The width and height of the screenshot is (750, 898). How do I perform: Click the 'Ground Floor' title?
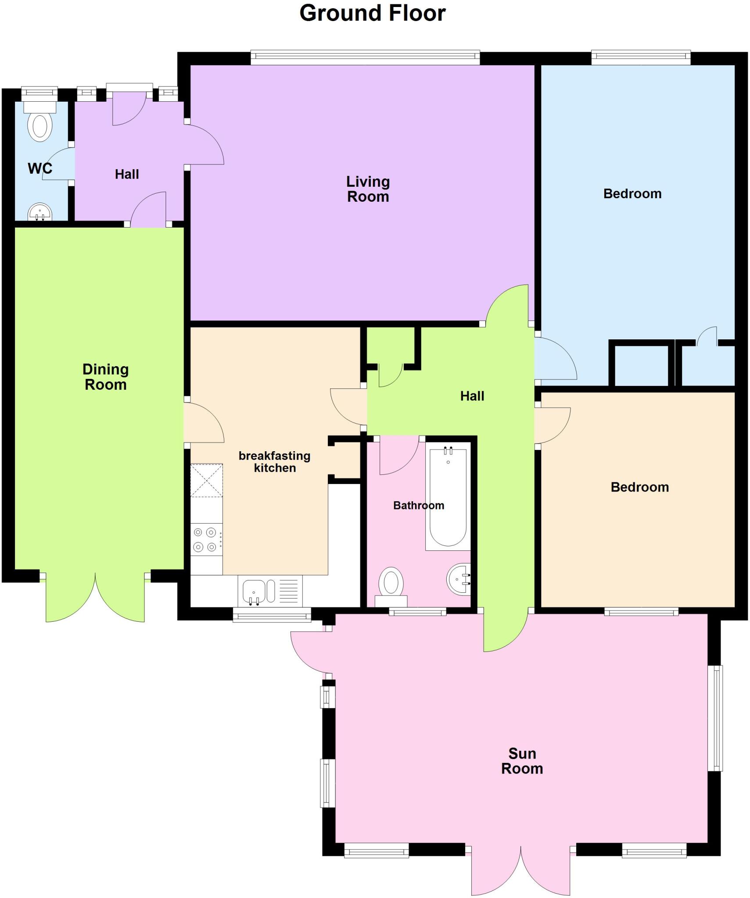click(372, 13)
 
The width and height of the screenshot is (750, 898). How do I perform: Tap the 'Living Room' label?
click(368, 189)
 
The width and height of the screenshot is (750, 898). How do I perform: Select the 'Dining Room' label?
click(105, 377)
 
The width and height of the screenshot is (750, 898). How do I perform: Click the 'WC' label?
click(40, 168)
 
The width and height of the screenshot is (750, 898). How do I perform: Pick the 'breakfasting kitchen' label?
click(275, 462)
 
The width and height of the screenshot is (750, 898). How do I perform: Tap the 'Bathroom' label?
click(418, 506)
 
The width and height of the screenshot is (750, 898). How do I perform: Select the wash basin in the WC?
click(40, 212)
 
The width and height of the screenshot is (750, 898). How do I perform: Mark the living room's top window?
click(365, 57)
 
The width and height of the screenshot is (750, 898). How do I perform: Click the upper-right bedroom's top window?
click(640, 57)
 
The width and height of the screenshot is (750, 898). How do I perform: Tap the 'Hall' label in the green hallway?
click(472, 396)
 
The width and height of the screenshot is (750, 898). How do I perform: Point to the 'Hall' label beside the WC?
click(127, 174)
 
